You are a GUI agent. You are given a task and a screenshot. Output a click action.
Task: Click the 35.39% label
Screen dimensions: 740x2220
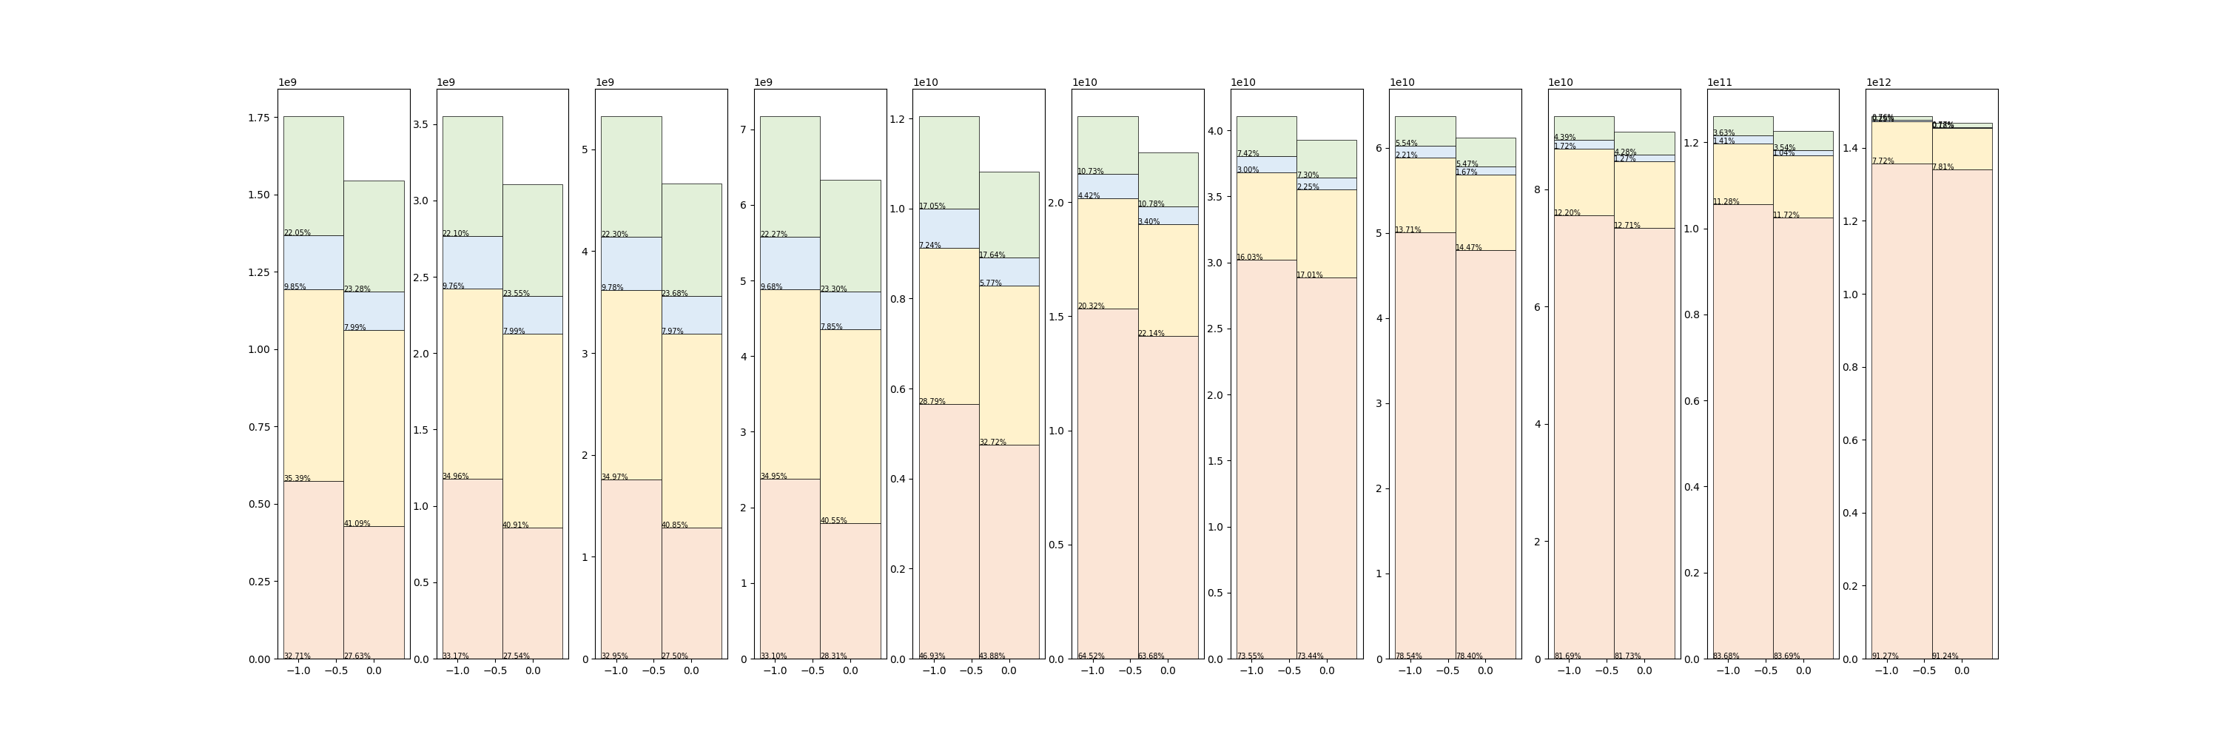point(297,478)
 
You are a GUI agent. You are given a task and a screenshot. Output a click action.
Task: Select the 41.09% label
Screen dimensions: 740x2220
point(357,523)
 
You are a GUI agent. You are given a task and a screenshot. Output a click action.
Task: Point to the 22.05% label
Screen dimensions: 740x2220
point(297,232)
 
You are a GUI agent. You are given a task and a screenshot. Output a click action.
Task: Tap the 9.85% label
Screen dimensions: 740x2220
point(295,287)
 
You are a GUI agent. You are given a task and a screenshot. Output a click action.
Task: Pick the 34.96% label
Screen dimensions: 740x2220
point(456,477)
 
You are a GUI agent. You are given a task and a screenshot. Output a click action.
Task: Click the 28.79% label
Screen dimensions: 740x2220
point(932,401)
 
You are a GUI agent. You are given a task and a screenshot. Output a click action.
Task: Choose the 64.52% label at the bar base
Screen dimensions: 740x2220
point(1090,656)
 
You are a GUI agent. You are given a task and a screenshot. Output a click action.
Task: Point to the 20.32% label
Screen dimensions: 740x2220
point(1090,306)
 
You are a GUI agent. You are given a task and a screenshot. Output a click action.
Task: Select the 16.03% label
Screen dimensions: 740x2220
point(1250,257)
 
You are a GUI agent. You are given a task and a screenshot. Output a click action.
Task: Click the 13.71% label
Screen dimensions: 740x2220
point(1408,230)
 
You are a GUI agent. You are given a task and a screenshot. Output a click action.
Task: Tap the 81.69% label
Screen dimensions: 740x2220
point(1567,656)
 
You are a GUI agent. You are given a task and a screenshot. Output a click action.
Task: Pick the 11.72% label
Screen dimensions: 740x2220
point(1786,215)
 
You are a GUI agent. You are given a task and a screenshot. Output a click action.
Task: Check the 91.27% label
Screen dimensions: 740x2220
point(1885,656)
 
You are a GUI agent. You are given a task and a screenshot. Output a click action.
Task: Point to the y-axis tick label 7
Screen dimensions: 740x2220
point(744,130)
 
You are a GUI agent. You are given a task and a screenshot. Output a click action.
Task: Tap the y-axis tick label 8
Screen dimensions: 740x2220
point(1538,189)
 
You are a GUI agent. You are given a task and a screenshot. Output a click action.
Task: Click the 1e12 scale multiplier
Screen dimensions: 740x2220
point(1879,83)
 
